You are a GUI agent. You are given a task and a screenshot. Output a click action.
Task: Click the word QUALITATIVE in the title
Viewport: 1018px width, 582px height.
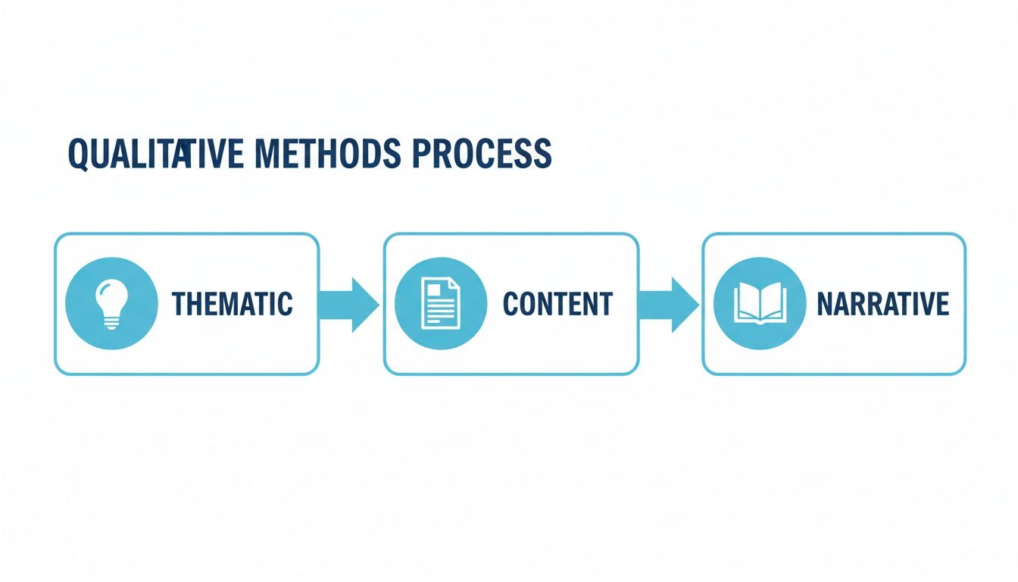click(x=155, y=154)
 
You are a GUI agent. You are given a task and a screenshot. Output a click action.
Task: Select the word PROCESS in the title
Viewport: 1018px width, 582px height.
click(x=482, y=154)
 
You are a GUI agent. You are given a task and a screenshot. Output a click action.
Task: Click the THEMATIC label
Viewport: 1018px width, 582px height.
click(x=232, y=304)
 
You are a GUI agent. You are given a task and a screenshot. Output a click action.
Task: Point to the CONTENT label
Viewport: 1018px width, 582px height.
click(x=557, y=304)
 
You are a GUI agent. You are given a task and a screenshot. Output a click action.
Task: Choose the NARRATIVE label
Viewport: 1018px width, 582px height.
click(x=882, y=304)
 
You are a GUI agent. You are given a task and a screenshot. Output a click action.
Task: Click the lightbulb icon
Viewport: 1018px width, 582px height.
click(x=112, y=303)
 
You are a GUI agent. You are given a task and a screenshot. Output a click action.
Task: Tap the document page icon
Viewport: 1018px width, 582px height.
click(x=440, y=303)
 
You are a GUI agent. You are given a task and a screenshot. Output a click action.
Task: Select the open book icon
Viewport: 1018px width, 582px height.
click(x=759, y=303)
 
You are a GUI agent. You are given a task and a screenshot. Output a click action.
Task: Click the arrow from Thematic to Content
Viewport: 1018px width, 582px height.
click(x=350, y=304)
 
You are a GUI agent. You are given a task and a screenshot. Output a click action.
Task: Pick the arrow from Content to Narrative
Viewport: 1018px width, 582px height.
click(x=670, y=304)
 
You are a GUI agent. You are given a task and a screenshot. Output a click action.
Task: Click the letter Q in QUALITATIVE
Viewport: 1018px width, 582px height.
click(x=79, y=155)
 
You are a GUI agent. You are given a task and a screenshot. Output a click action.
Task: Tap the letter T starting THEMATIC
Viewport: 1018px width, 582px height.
click(x=179, y=304)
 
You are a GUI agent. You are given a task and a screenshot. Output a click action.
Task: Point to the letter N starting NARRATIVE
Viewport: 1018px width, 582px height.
click(x=824, y=304)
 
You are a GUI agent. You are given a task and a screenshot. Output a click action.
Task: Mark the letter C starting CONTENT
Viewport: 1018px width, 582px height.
click(x=510, y=304)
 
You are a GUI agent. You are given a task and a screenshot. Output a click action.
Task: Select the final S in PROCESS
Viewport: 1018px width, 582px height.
click(x=542, y=154)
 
